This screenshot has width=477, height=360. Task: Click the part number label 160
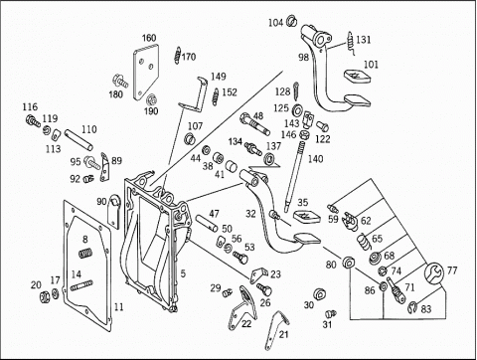click(x=149, y=38)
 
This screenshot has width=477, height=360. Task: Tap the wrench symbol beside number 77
click(x=433, y=272)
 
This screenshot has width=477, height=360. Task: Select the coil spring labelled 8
click(x=85, y=253)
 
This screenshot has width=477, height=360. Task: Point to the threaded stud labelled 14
click(x=81, y=285)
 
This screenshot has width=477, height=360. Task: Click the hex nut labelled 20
click(x=45, y=296)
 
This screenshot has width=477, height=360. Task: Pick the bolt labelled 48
click(x=254, y=124)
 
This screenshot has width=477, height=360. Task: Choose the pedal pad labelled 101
click(x=357, y=77)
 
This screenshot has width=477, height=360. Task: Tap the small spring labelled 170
click(x=178, y=55)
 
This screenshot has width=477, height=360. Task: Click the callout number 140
click(x=315, y=159)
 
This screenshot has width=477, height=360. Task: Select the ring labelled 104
click(x=292, y=21)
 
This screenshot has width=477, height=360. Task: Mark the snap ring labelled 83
click(x=413, y=307)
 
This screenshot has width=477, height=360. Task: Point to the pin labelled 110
click(x=79, y=140)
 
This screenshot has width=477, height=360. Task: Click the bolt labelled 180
click(x=120, y=81)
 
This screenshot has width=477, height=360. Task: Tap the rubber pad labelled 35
click(x=307, y=216)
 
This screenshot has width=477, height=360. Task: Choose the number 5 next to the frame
click(x=183, y=273)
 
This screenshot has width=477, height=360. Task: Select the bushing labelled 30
click(x=319, y=294)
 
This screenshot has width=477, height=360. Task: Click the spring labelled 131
click(x=351, y=43)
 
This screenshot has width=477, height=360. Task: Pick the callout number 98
click(x=303, y=57)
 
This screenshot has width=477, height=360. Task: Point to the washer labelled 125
click(x=298, y=109)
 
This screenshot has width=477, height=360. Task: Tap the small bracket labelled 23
click(x=258, y=275)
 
